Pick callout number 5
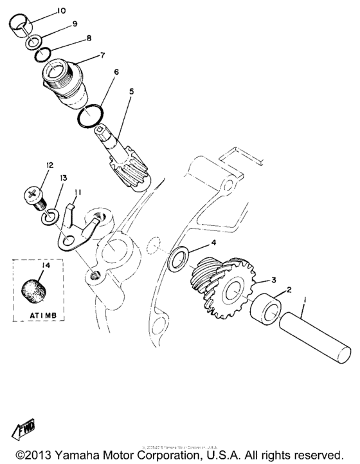[x=132, y=90]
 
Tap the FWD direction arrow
[x=19, y=429]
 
